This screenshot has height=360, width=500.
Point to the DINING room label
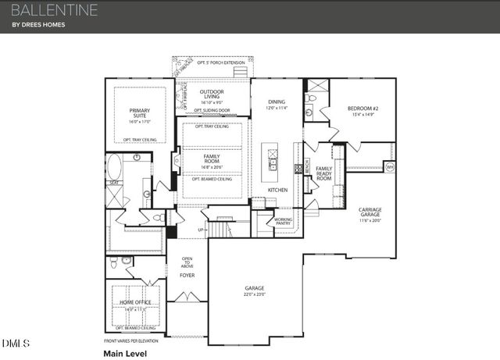pyautogui.click(x=277, y=102)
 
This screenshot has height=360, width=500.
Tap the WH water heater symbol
pyautogui.click(x=389, y=166)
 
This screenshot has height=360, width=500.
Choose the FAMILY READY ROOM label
pyautogui.click(x=324, y=173)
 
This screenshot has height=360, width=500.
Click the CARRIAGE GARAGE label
pyautogui.click(x=370, y=212)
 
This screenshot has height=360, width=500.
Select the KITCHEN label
pyautogui.click(x=277, y=190)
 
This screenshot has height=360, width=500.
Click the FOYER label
pyautogui.click(x=187, y=276)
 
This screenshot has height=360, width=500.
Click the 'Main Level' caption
pyautogui.click(x=125, y=353)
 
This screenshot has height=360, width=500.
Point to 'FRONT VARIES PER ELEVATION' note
pyautogui.click(x=137, y=341)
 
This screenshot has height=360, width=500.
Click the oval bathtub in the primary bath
pyautogui.click(x=114, y=167)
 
